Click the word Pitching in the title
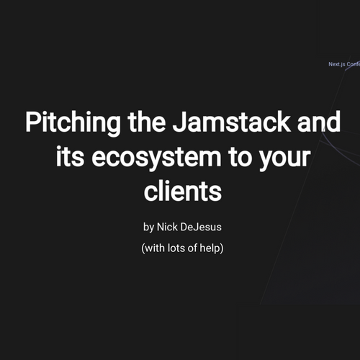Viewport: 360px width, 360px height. pos(73,123)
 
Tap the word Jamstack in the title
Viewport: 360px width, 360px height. pos(231,121)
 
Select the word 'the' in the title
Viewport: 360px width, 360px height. pos(147,121)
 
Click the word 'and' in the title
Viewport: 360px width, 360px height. pos(319,121)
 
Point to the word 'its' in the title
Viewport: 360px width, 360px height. pos(70,156)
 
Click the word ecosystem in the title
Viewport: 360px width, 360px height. pos(156,158)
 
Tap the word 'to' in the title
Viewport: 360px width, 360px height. pos(240,157)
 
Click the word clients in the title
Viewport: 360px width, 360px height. pos(183,191)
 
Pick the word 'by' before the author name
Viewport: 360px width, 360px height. pos(148,228)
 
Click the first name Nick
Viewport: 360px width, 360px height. pos(167,227)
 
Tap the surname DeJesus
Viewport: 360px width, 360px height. pos(201,227)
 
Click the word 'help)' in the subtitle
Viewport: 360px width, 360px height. pos(212,248)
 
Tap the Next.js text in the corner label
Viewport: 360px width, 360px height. pos(337,64)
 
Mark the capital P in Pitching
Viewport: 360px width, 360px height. pos(32,122)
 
